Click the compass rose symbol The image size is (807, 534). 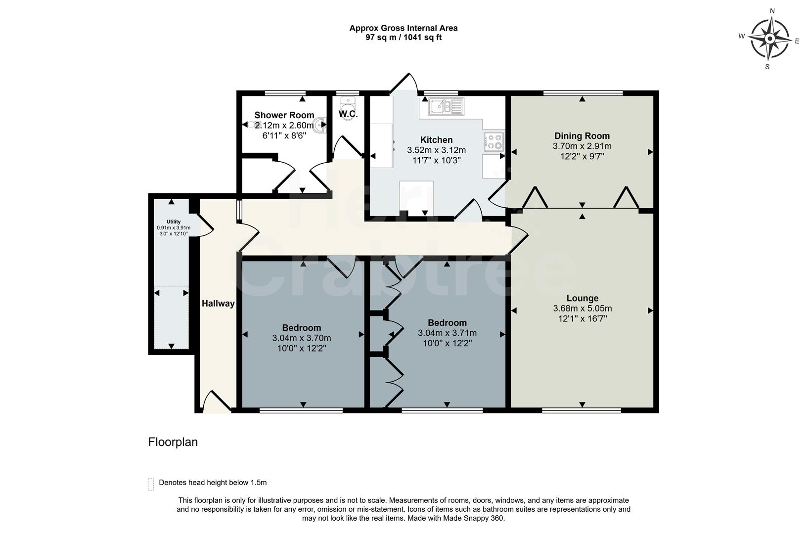pos(769,39)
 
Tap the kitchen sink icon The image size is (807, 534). pos(447,106)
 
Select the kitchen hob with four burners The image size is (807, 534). pos(494,141)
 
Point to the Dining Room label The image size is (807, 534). pos(582,136)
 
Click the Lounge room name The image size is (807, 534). pos(582,298)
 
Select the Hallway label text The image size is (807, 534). pos(218,304)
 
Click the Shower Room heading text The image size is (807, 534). pos(284,115)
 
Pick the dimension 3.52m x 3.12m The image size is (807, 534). pos(436,150)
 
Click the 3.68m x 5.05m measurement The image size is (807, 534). pos(582,309)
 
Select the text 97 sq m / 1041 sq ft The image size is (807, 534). pos(403,38)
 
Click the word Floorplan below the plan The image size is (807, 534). pos(173,442)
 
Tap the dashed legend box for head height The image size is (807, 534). pos(151,484)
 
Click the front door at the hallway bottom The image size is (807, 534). pos(217,401)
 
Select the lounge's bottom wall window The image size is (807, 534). pos(582,410)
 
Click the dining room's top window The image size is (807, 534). pos(583,93)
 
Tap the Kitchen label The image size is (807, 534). pos(436,140)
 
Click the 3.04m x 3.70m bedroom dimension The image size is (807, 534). pos(301,338)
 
